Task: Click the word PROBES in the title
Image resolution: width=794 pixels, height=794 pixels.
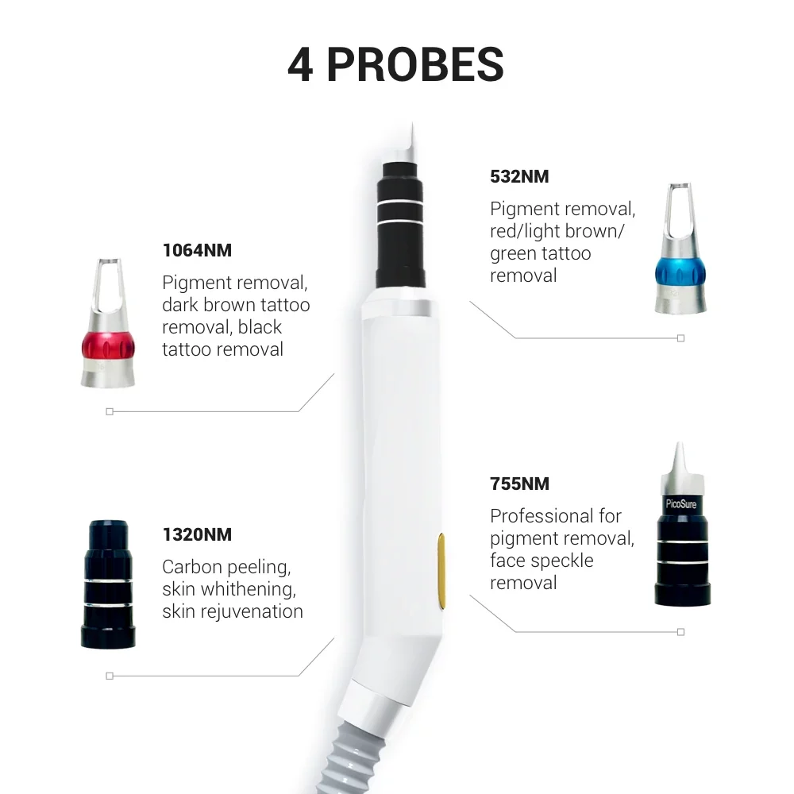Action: click(415, 64)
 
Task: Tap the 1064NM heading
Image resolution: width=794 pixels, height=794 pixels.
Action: click(197, 250)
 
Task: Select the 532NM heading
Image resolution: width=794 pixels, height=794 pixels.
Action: click(519, 176)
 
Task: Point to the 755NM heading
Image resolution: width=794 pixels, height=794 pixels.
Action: click(519, 484)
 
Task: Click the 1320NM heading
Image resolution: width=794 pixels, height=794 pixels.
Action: click(197, 534)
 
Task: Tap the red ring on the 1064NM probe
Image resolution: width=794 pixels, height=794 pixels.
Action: click(108, 347)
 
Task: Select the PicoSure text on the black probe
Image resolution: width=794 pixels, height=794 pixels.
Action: click(681, 504)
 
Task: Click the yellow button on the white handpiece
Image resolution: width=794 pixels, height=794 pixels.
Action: click(441, 571)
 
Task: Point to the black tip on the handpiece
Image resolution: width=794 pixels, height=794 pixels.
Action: click(400, 225)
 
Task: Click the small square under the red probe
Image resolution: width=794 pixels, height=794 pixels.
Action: click(110, 411)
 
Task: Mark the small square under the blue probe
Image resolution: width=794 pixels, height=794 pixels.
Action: click(681, 338)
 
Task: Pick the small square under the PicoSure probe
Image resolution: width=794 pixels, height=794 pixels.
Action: click(681, 632)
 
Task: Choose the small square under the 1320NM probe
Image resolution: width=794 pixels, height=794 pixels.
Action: click(110, 676)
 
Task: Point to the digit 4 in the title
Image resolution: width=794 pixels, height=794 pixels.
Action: click(300, 65)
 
